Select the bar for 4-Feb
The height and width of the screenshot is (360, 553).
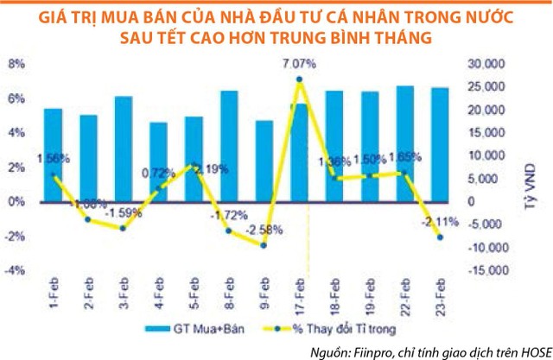pos(158,164)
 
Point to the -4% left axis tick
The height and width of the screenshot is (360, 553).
pos(16,269)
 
